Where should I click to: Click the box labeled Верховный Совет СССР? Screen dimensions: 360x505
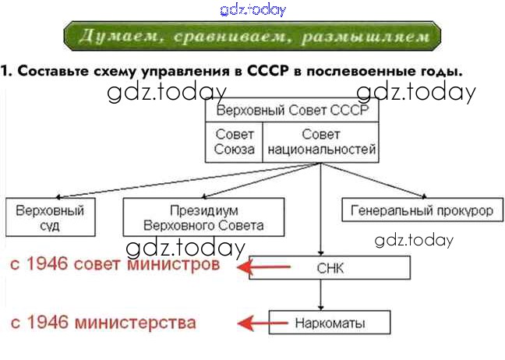[x=292, y=111]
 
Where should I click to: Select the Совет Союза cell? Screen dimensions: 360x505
[x=235, y=142]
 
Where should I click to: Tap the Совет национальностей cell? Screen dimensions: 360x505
[x=321, y=142]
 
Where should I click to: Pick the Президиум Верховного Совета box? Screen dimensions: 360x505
[x=203, y=218]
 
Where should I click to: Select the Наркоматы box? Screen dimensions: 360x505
[x=330, y=323]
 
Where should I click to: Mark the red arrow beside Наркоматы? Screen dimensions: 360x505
[x=256, y=323]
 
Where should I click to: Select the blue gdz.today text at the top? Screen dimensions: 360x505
[x=253, y=9]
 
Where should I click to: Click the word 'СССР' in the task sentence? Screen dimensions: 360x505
[x=268, y=72]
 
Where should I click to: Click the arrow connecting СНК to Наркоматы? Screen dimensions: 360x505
[x=321, y=296]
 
